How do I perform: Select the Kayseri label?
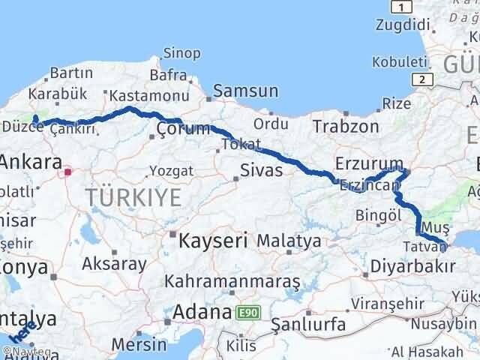point(213,241)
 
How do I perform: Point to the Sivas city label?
point(261,170)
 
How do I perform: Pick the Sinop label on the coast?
point(181,52)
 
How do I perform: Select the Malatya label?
point(289,241)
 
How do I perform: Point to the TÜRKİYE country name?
point(133,198)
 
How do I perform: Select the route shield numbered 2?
point(424,79)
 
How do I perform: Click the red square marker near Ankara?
point(67,172)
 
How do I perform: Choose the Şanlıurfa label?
point(307,325)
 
